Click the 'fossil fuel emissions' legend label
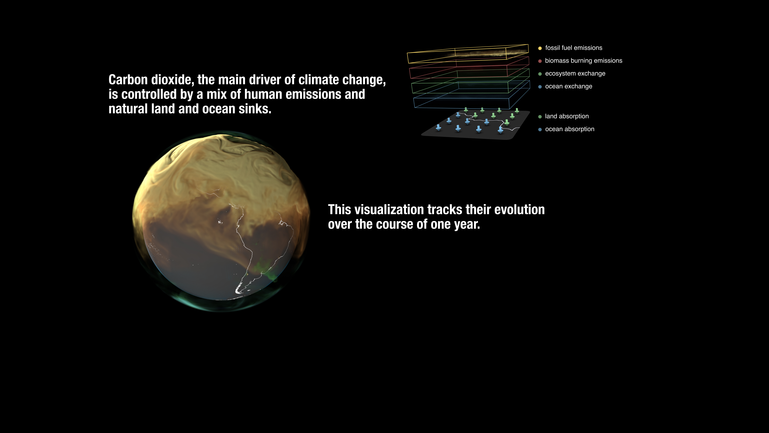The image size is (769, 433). coord(573,48)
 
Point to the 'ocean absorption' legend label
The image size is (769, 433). coord(570,129)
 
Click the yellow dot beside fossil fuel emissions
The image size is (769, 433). coord(540,48)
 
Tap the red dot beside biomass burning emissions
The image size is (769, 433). coord(540,61)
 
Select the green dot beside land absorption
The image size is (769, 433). coord(540,117)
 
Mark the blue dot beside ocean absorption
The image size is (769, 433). coord(540,129)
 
